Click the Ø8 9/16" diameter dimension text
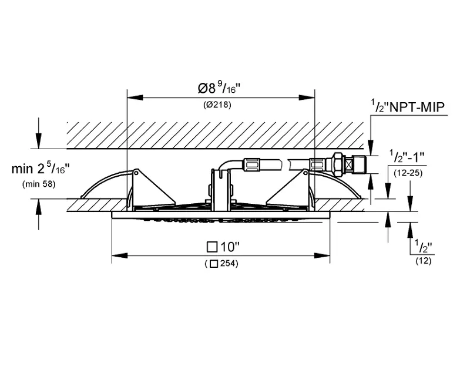pos(220,89)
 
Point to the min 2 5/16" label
pos(41,169)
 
